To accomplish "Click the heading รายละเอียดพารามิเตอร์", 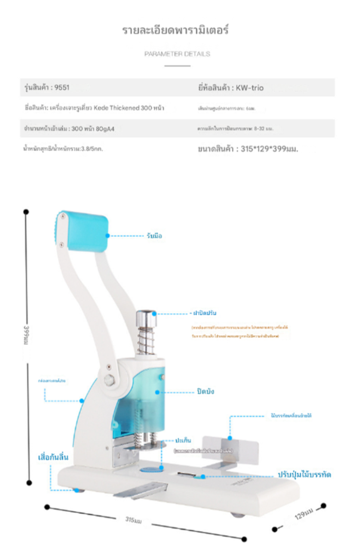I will [176, 31].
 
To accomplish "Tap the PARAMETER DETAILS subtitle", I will [177, 54].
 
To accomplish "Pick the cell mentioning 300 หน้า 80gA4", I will [69, 129].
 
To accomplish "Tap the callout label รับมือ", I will [154, 236].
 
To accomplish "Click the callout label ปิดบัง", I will [204, 392].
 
